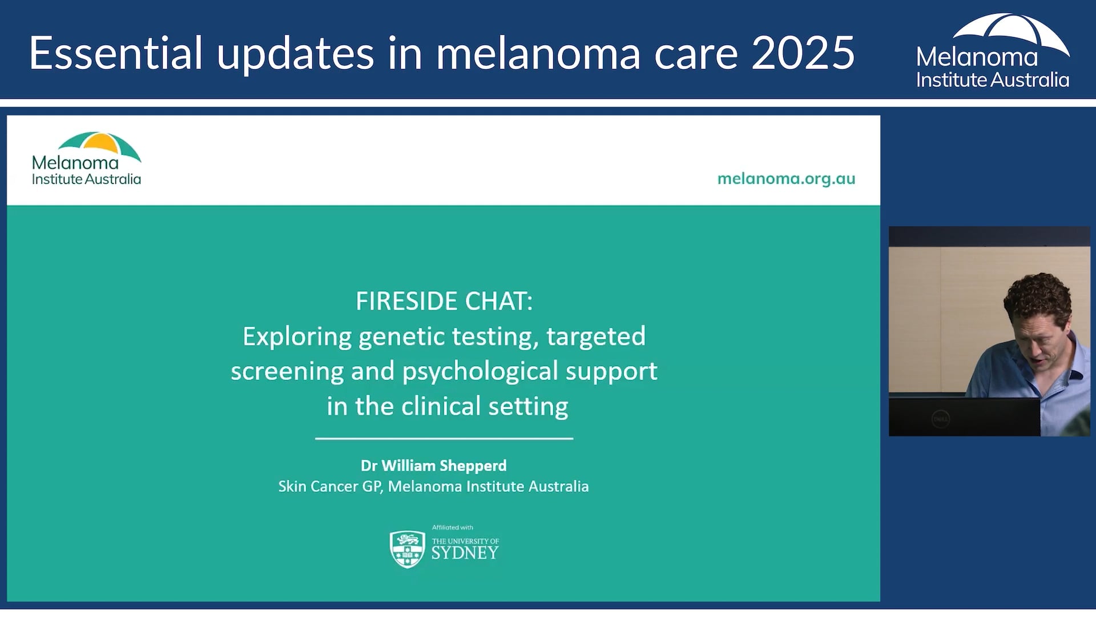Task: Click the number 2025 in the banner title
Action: click(803, 53)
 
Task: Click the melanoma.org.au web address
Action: click(786, 179)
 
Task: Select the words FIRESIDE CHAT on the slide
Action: click(444, 301)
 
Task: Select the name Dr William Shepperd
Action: click(433, 466)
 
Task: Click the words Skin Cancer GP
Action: click(329, 486)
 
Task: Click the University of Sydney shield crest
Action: click(407, 548)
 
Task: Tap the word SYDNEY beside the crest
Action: click(465, 553)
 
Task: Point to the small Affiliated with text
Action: click(452, 527)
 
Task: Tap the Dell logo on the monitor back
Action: click(940, 419)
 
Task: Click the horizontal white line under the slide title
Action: click(444, 438)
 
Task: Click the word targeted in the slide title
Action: click(595, 336)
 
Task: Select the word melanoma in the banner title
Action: click(538, 53)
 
